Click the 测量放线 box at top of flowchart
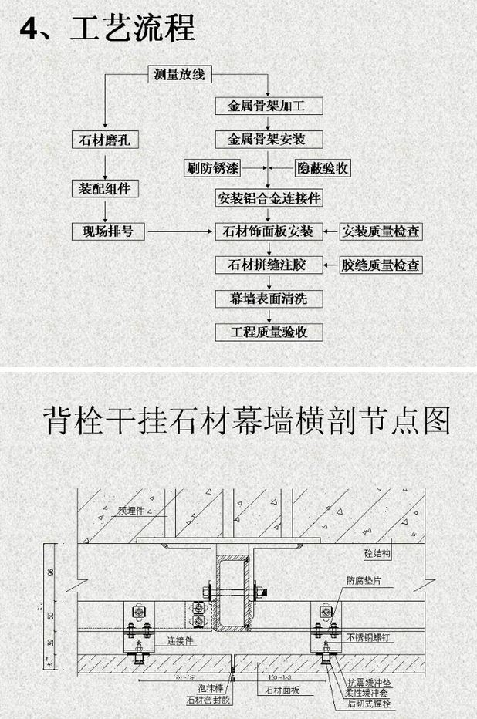pyautogui.click(x=179, y=75)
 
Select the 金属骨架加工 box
pyautogui.click(x=267, y=106)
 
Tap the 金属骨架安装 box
pyautogui.click(x=267, y=139)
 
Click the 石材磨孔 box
pyautogui.click(x=104, y=140)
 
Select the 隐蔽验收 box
pyautogui.click(x=323, y=167)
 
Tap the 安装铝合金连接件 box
pyautogui.click(x=268, y=197)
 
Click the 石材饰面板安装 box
pyautogui.click(x=268, y=231)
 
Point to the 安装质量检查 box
pyautogui.click(x=382, y=231)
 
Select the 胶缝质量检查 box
pyautogui.click(x=382, y=265)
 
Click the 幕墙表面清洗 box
pyautogui.click(x=268, y=298)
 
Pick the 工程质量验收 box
pyautogui.click(x=268, y=332)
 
